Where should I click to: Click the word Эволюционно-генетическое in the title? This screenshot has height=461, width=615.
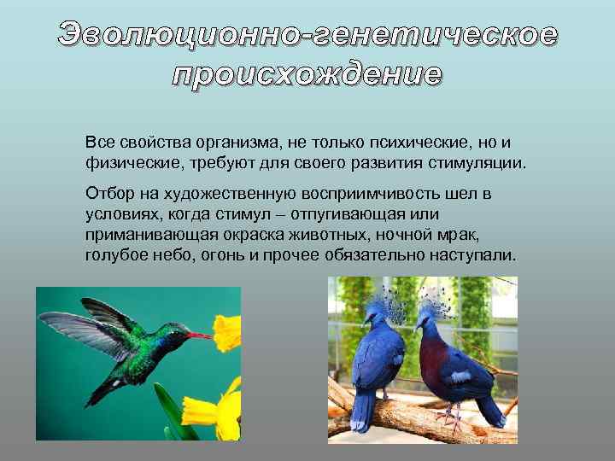click(308, 35)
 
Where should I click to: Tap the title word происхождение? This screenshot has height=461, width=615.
click(307, 74)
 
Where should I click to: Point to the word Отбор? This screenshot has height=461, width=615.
click(108, 194)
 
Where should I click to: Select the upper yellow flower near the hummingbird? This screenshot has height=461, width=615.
click(227, 332)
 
